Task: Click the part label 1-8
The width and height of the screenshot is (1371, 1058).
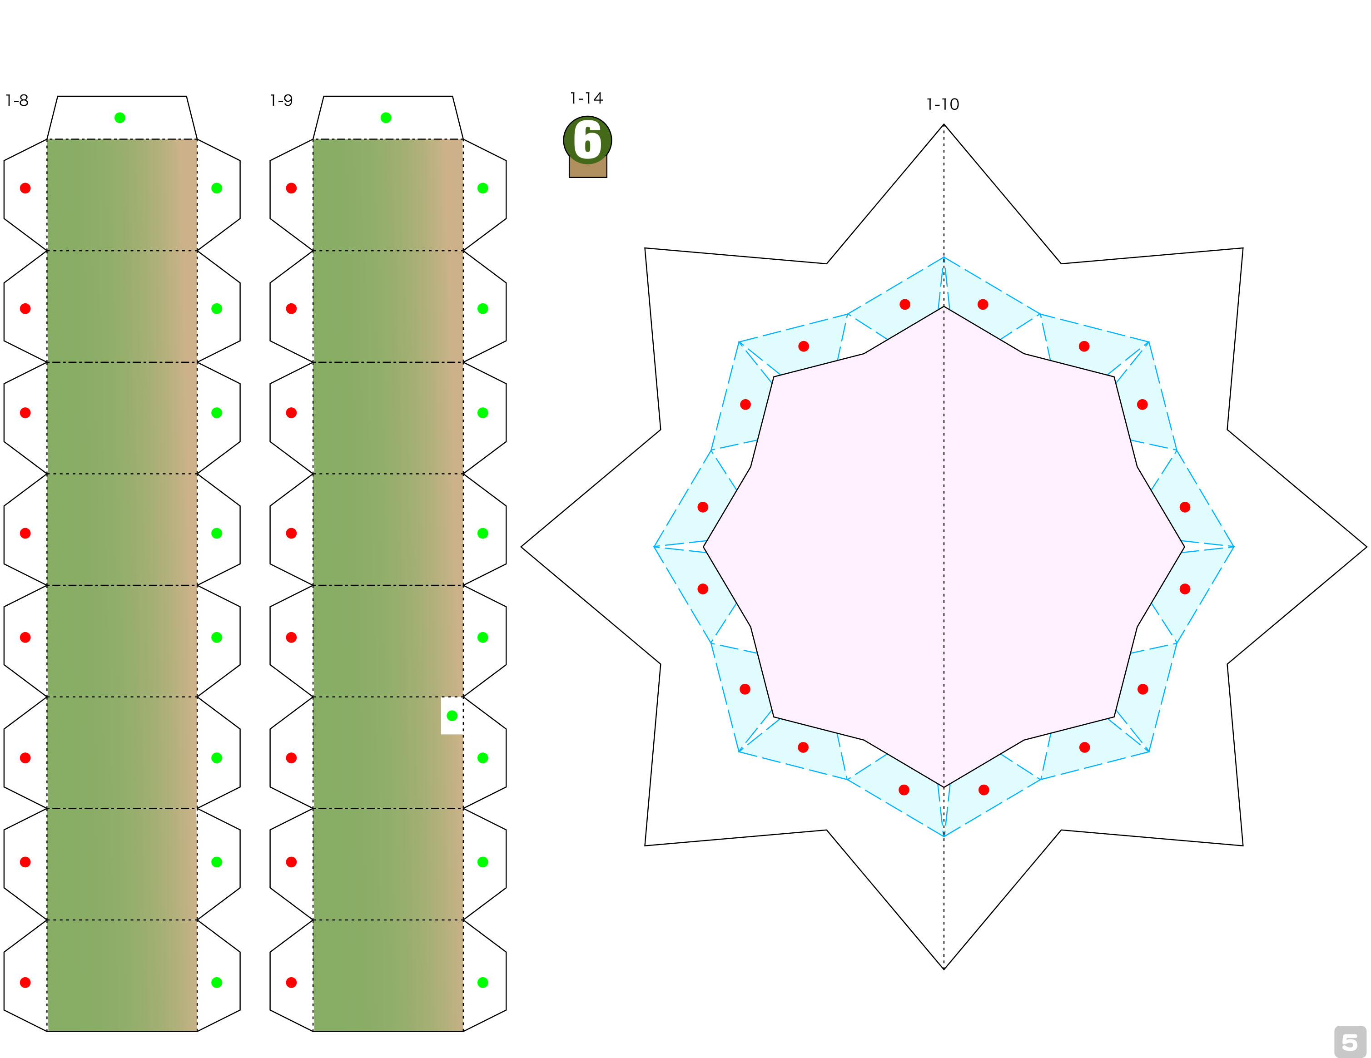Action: point(17,100)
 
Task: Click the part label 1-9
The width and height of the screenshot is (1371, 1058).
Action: point(281,100)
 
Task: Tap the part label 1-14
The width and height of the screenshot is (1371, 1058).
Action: point(586,98)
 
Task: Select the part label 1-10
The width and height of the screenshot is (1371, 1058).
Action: point(943,104)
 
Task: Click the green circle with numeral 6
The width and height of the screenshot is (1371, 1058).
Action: point(587,140)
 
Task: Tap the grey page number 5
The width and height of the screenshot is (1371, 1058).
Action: point(1350,1042)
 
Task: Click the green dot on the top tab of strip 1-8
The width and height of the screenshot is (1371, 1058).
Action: point(120,117)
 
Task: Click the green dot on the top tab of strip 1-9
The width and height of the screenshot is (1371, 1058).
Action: point(386,117)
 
